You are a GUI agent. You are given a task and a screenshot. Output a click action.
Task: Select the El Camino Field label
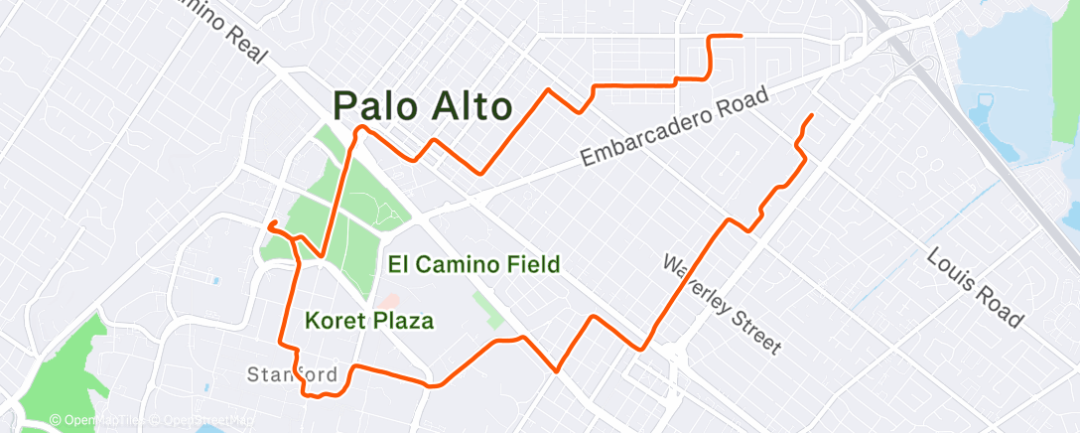coord(474,264)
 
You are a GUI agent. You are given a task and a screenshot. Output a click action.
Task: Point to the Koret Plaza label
coord(369,321)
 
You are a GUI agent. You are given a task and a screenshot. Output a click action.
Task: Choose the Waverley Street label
coord(722,301)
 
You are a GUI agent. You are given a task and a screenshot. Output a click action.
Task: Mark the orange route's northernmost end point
coord(742,36)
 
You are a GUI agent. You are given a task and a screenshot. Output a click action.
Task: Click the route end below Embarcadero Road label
coord(812,116)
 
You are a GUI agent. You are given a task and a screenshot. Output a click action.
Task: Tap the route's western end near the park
coord(270,224)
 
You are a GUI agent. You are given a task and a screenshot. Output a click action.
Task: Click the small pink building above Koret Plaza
coord(390,299)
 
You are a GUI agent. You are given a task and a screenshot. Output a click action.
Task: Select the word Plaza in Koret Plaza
coord(407,321)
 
